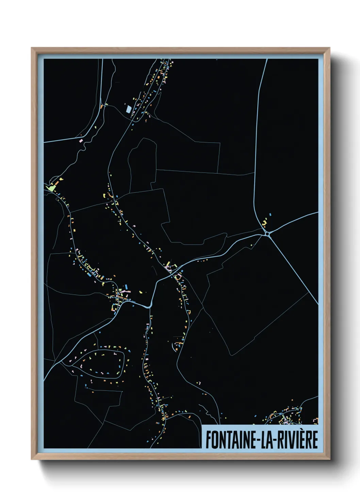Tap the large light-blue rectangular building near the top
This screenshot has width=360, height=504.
coord(129,109)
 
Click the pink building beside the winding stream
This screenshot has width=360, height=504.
coord(82,140)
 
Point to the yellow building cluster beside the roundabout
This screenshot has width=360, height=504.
coord(264,223)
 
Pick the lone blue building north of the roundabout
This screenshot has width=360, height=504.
coord(271,215)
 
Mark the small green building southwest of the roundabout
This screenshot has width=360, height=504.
coord(251,245)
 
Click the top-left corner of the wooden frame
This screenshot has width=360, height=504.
coord(32,48)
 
